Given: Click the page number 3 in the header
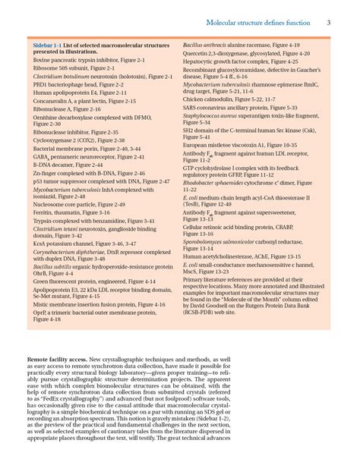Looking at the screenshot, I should coord(330,22).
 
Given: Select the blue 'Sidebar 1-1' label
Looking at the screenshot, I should coord(47,46).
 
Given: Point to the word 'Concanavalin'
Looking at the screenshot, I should coord(51,100).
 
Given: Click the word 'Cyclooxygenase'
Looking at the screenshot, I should coord(52,140).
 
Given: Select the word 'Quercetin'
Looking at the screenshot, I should coord(197,54).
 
